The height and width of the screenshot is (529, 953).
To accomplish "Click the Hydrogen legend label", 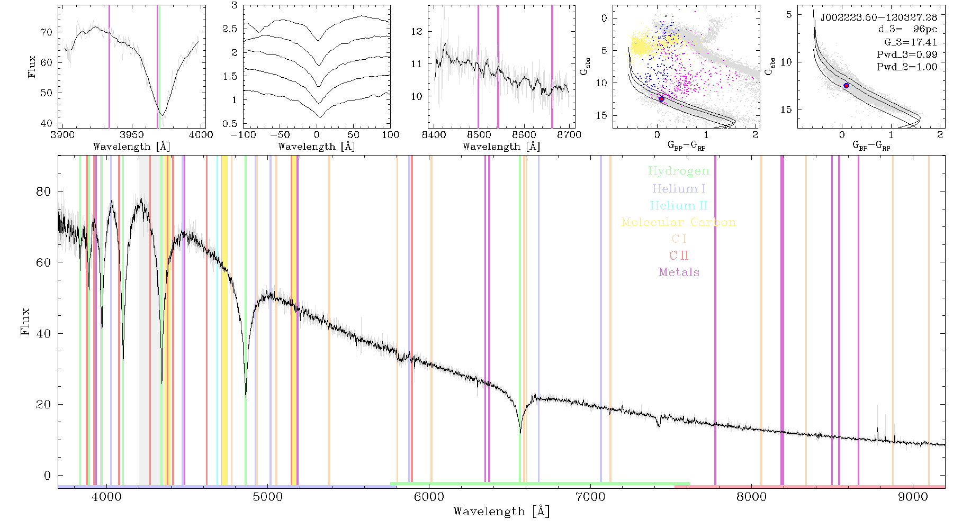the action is point(678,171).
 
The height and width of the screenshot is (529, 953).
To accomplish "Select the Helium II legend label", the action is point(679,205).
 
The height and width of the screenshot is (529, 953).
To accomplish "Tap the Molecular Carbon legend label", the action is point(679,222).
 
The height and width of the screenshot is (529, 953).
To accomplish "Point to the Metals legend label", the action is point(679,272).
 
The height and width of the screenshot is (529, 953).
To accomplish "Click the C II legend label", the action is point(679,256).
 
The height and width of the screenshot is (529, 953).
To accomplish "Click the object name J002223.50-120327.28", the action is point(879,17).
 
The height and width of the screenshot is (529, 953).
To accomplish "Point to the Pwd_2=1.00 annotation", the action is point(907,67).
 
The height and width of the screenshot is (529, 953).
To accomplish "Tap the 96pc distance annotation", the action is point(925,30).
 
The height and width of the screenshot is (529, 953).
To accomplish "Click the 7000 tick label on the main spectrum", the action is point(590,497).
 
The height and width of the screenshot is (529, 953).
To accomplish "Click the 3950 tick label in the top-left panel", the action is point(132,135).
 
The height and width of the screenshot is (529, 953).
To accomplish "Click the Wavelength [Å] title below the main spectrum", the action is point(501,512).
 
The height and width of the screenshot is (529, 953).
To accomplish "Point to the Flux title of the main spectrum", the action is point(25,322).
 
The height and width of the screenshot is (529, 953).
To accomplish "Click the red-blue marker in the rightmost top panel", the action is point(846,86).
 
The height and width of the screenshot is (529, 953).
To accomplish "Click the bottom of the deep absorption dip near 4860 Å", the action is point(246,397).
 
